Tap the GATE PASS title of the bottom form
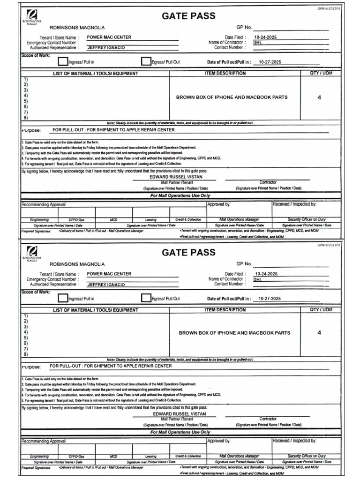[x=188, y=253]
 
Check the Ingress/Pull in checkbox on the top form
[x=62, y=61]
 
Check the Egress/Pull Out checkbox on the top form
[x=146, y=61]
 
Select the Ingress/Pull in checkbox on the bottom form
[x=62, y=298]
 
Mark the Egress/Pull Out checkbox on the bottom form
[x=146, y=298]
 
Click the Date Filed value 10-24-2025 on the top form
[x=266, y=37]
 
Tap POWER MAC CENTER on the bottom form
[x=109, y=274]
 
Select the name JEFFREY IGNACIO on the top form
[x=106, y=48]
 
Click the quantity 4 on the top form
[x=319, y=97]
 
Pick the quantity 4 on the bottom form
[x=319, y=332]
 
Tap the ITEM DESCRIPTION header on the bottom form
[x=225, y=310]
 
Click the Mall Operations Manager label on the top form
[x=239, y=219]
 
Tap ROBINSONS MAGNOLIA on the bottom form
[x=77, y=264]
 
